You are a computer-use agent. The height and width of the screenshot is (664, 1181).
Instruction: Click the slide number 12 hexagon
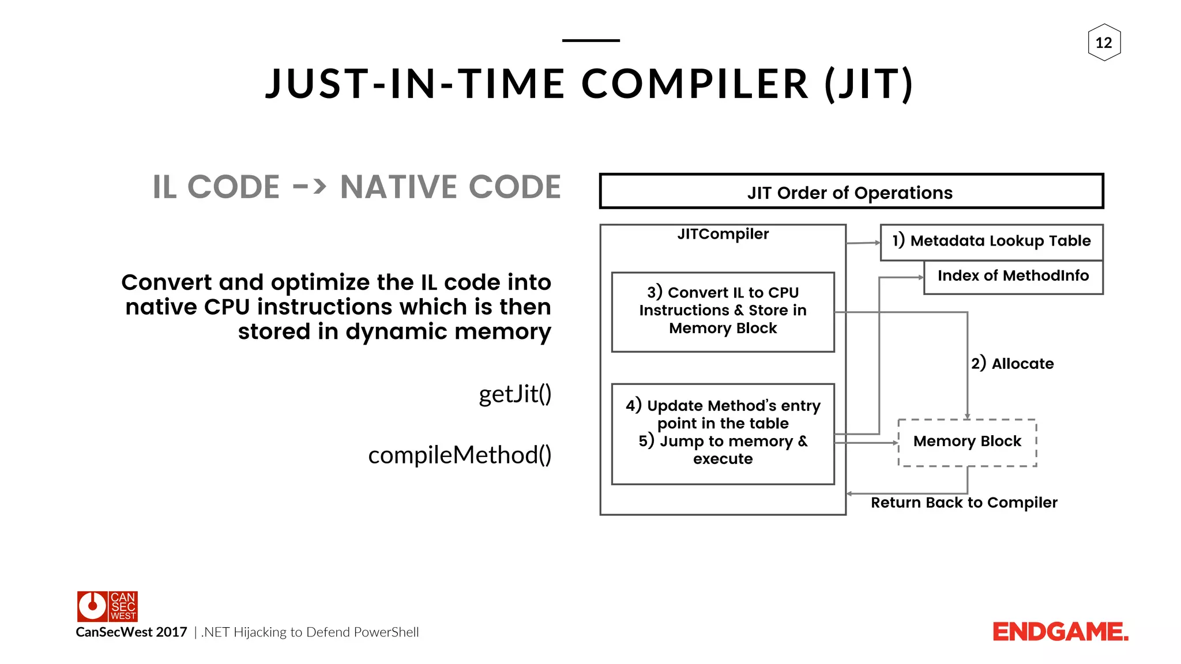[x=1104, y=43]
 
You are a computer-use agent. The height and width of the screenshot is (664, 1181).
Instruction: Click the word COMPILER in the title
[x=695, y=84]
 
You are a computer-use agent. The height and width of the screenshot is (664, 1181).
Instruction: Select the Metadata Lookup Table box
[x=991, y=241]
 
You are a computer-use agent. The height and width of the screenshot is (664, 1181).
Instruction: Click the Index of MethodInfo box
[x=1013, y=276]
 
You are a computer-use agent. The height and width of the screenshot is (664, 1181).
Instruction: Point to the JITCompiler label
[x=723, y=234]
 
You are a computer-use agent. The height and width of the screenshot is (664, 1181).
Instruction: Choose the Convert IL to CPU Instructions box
[x=723, y=311]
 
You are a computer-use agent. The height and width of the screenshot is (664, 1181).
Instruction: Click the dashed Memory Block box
[x=967, y=442]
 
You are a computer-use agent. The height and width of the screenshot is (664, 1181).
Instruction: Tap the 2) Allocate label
[x=1012, y=364]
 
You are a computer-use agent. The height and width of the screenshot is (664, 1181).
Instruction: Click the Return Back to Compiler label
[x=964, y=503]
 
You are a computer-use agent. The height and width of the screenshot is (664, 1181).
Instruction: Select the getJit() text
[x=515, y=394]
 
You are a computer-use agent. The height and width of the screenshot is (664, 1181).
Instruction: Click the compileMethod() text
[x=460, y=455]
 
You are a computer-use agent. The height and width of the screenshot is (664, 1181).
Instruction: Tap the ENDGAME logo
[x=1060, y=632]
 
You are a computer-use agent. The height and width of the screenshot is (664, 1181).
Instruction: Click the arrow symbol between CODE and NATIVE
[x=310, y=187]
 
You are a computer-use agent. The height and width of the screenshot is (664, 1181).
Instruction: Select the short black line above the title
[x=590, y=40]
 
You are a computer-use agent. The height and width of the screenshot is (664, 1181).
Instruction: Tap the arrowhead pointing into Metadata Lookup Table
[x=877, y=243]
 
